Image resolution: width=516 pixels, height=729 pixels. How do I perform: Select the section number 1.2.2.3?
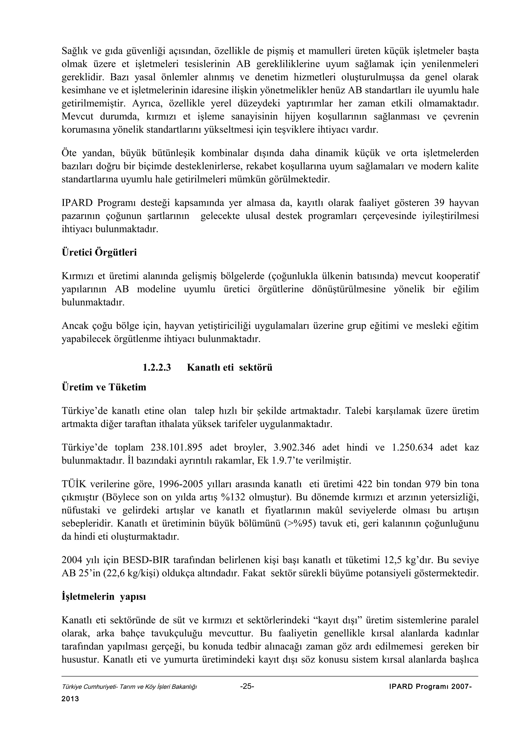tap(157, 368)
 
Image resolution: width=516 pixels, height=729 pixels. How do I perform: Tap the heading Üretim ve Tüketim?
tap(104, 387)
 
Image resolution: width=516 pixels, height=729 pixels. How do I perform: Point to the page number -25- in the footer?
tap(247, 686)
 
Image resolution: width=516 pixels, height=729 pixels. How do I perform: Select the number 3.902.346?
tap(294, 448)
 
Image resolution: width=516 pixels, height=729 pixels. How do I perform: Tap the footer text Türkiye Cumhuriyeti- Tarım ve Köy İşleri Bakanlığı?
tap(129, 687)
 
